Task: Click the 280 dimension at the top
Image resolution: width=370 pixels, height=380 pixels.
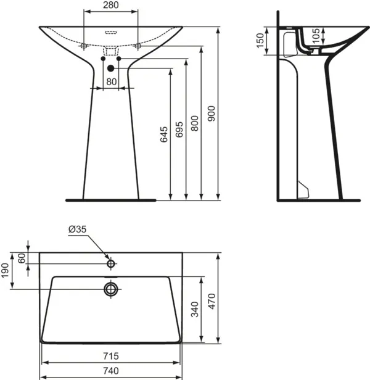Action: click(x=111, y=6)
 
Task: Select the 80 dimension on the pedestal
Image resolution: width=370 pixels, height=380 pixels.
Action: click(x=111, y=81)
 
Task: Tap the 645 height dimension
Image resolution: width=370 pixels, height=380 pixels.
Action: click(x=164, y=135)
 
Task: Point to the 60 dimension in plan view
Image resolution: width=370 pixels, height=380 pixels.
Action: click(x=22, y=258)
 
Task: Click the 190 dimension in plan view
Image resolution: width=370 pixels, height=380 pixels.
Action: click(x=6, y=270)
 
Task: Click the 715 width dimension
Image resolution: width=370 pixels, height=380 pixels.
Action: click(x=111, y=357)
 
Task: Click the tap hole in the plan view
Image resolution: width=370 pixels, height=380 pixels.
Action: click(x=111, y=264)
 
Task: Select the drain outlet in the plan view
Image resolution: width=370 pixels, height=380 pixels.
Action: click(x=111, y=289)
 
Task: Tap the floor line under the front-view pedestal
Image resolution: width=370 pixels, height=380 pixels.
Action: click(x=111, y=200)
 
